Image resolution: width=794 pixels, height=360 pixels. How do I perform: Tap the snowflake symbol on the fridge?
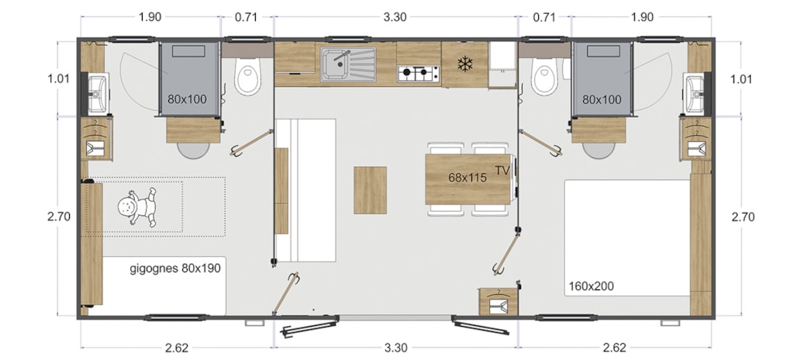pyautogui.click(x=465, y=64)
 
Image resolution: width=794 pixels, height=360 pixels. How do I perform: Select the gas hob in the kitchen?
pyautogui.click(x=418, y=74)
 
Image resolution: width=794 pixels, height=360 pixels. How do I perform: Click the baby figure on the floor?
pyautogui.click(x=138, y=207)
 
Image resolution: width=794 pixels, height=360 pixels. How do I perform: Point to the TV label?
pyautogui.click(x=502, y=171)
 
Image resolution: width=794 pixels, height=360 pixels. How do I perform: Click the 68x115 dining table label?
pyautogui.click(x=468, y=178)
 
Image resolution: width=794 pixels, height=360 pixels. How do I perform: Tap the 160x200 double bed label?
pyautogui.click(x=591, y=286)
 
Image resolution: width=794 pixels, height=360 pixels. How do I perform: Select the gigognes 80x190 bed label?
pyautogui.click(x=175, y=268)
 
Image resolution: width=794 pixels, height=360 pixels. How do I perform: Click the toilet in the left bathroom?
pyautogui.click(x=247, y=75)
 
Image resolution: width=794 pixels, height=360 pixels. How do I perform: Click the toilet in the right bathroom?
pyautogui.click(x=544, y=75)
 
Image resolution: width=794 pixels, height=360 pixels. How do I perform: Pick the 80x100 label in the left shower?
pyautogui.click(x=188, y=99)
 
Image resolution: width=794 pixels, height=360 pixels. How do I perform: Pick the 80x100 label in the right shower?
pyautogui.click(x=602, y=99)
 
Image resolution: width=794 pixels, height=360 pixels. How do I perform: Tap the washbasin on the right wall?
pyautogui.click(x=693, y=94)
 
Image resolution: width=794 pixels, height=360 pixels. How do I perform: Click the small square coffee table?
pyautogui.click(x=370, y=190)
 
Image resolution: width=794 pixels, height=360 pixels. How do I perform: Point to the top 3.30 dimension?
pyautogui.click(x=395, y=17)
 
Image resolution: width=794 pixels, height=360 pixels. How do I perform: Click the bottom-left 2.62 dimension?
pyautogui.click(x=177, y=348)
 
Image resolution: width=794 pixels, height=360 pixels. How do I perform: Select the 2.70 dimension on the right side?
pyautogui.click(x=743, y=217)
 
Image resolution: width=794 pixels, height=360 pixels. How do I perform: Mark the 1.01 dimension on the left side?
pyautogui.click(x=59, y=79)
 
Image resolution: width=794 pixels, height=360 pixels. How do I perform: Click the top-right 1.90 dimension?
pyautogui.click(x=642, y=17)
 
